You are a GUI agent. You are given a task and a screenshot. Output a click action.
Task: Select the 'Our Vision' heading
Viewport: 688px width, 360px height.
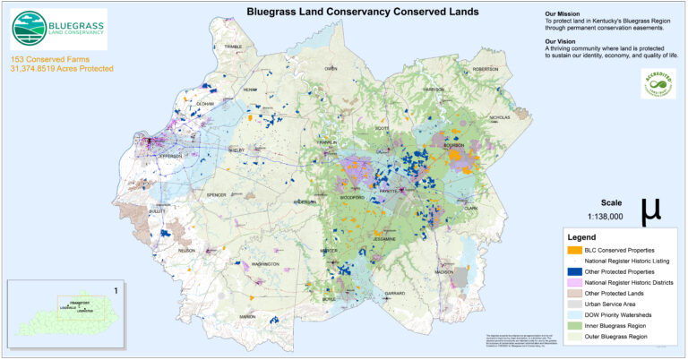[x=562, y=41]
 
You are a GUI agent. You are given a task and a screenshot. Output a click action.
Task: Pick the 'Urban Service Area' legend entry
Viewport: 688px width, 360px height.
[x=614, y=304]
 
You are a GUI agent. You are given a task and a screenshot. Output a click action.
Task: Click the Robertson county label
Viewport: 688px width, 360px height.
[x=485, y=69]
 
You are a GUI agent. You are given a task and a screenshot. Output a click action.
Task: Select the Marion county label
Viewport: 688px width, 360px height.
[x=247, y=316]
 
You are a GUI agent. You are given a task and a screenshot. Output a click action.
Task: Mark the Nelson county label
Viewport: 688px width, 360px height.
[x=186, y=251]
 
